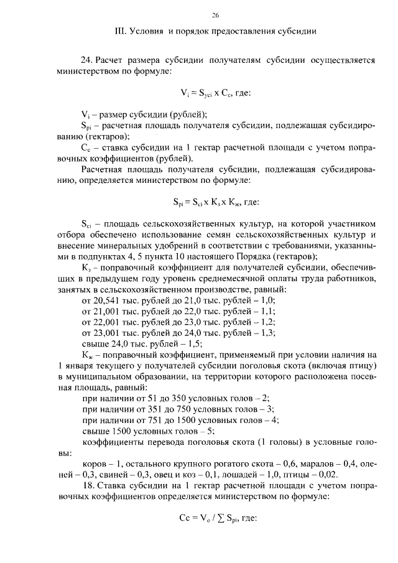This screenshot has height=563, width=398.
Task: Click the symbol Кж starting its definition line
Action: pyautogui.click(x=87, y=355)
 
